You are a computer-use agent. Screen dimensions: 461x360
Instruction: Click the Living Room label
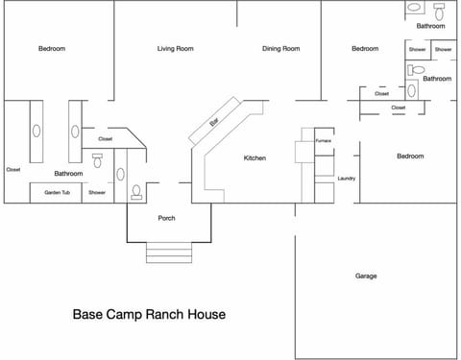(x=176, y=49)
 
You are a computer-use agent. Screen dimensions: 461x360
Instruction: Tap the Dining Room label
(x=281, y=49)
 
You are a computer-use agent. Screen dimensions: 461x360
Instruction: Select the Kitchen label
(x=255, y=158)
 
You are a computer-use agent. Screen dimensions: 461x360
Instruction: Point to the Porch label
(x=166, y=218)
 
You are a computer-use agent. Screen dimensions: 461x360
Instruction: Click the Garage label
(x=366, y=276)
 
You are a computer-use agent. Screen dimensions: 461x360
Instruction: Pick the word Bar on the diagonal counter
(x=214, y=122)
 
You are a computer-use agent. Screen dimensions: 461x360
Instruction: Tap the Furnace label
(x=324, y=141)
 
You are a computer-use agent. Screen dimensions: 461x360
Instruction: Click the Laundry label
(x=347, y=179)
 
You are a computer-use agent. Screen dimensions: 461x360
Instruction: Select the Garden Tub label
(x=58, y=193)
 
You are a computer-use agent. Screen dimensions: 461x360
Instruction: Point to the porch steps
(x=169, y=252)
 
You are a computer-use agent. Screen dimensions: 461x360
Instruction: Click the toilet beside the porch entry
(x=136, y=192)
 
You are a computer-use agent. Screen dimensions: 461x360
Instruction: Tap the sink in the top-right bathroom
(x=414, y=7)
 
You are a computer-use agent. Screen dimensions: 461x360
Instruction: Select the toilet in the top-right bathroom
(x=439, y=12)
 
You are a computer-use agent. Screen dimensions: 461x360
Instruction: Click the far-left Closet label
(x=13, y=170)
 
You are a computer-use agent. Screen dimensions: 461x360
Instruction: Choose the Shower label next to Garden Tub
(x=97, y=193)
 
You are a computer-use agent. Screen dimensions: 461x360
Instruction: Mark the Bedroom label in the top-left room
(x=52, y=49)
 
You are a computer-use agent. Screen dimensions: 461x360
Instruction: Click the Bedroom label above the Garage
(x=410, y=156)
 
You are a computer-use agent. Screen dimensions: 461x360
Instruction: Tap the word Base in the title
(x=87, y=314)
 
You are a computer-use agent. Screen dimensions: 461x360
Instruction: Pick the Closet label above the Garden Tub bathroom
(x=106, y=139)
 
